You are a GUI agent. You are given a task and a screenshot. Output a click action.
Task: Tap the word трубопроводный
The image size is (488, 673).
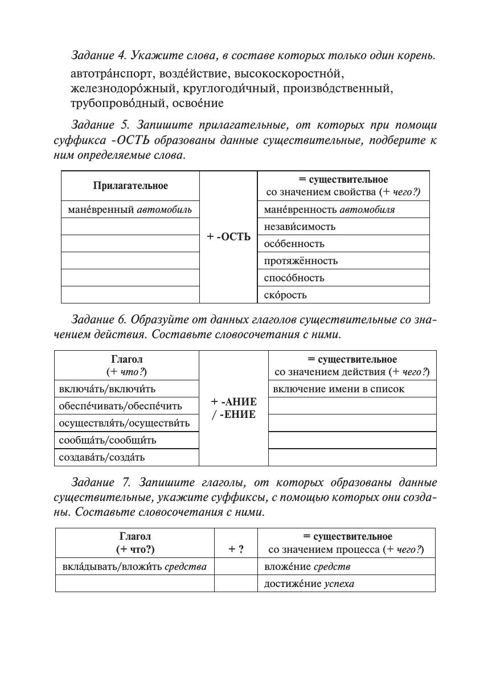[x=115, y=104]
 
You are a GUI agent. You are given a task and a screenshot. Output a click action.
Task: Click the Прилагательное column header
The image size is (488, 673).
[x=130, y=186]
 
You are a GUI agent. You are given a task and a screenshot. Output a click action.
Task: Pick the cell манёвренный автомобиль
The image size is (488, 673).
[x=130, y=210]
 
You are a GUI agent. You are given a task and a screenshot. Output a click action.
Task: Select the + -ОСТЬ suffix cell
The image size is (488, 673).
[x=228, y=237]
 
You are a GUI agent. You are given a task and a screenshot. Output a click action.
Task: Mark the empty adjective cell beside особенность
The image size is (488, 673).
[x=130, y=244]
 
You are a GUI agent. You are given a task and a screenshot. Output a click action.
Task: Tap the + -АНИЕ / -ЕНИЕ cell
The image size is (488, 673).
[x=233, y=408]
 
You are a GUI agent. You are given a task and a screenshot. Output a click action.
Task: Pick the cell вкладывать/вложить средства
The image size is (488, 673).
[x=134, y=567]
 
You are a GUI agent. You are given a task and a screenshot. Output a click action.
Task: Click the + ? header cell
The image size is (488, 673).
[x=236, y=549]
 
